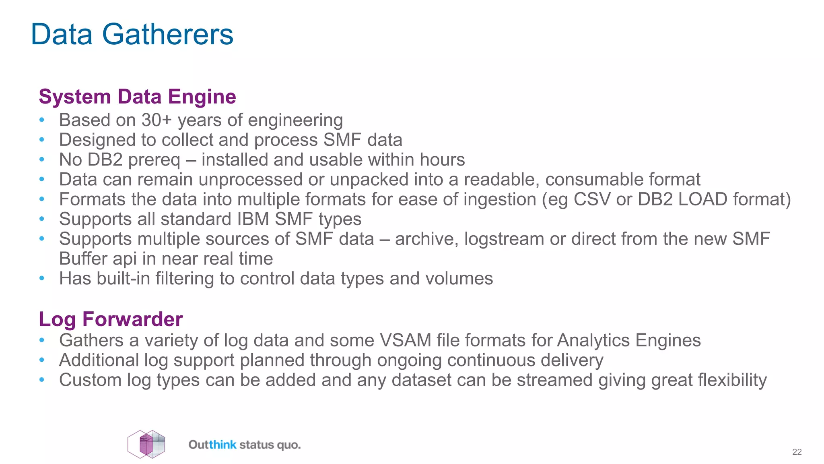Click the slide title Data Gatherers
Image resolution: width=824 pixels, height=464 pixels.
click(x=132, y=35)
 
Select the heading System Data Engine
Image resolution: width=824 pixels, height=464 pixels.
click(x=137, y=97)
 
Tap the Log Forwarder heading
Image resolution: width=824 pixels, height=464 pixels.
click(x=111, y=319)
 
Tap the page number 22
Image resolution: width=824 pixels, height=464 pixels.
click(x=797, y=452)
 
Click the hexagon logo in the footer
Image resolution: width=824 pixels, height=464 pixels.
click(x=146, y=444)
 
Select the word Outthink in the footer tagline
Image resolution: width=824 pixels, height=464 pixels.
click(x=212, y=445)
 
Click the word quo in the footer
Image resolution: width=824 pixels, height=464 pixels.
click(x=288, y=445)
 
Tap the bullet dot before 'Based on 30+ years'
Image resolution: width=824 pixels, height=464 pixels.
click(x=42, y=120)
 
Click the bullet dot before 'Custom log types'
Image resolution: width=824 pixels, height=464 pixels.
click(x=42, y=380)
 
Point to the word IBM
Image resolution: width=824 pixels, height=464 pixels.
click(x=253, y=219)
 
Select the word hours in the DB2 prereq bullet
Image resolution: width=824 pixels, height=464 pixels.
click(x=442, y=159)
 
